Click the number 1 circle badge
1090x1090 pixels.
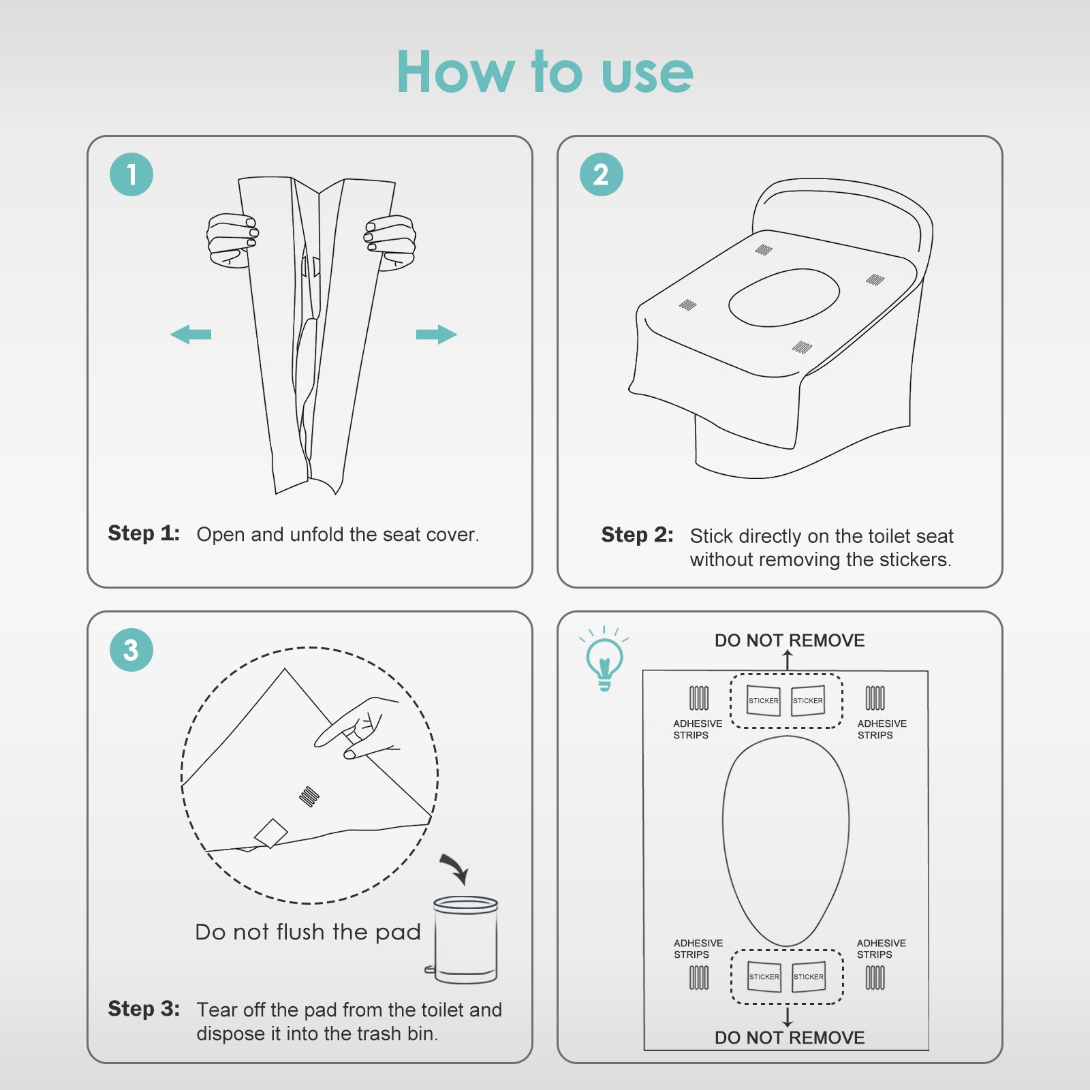(x=131, y=174)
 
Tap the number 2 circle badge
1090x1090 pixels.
(x=602, y=174)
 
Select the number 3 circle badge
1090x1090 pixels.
(x=131, y=650)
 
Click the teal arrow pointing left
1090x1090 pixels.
(x=191, y=334)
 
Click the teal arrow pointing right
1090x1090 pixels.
(x=437, y=334)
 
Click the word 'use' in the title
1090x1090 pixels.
(x=647, y=74)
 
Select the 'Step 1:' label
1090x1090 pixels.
(x=144, y=533)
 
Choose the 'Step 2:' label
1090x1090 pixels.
(x=637, y=535)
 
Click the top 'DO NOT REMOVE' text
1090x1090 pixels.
(x=790, y=640)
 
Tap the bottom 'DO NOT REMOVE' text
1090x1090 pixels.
(x=790, y=1038)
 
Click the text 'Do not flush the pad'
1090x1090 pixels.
(x=308, y=932)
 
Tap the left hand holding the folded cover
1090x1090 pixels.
(x=232, y=240)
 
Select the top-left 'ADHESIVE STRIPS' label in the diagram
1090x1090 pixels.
(x=698, y=729)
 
